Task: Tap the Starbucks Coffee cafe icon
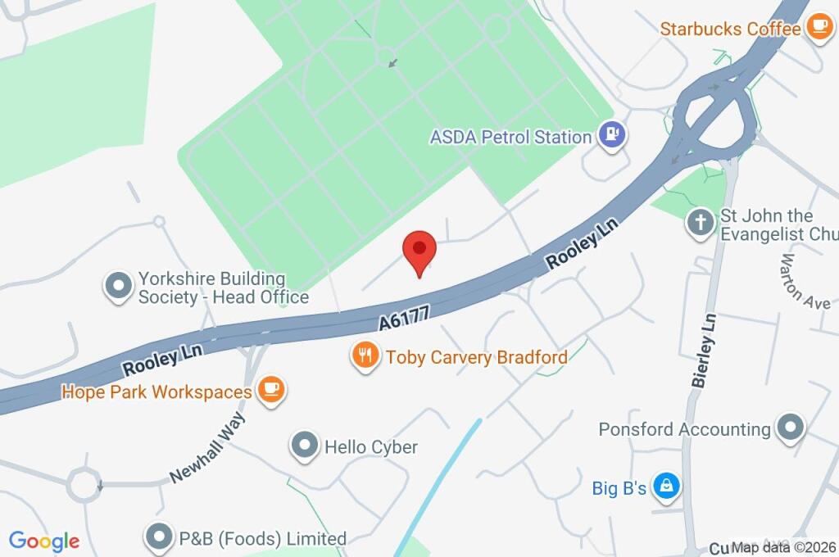coord(818,28)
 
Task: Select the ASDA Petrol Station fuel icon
coord(611,135)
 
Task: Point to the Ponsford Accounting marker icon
coord(791,428)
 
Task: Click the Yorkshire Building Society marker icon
coord(119,287)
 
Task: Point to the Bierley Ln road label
coord(703,350)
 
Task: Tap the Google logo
coord(44,541)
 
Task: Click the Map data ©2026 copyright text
coord(783,547)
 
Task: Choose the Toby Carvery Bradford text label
coord(476,357)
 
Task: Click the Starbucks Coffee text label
coord(730,29)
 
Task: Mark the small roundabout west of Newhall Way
coord(84,484)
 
